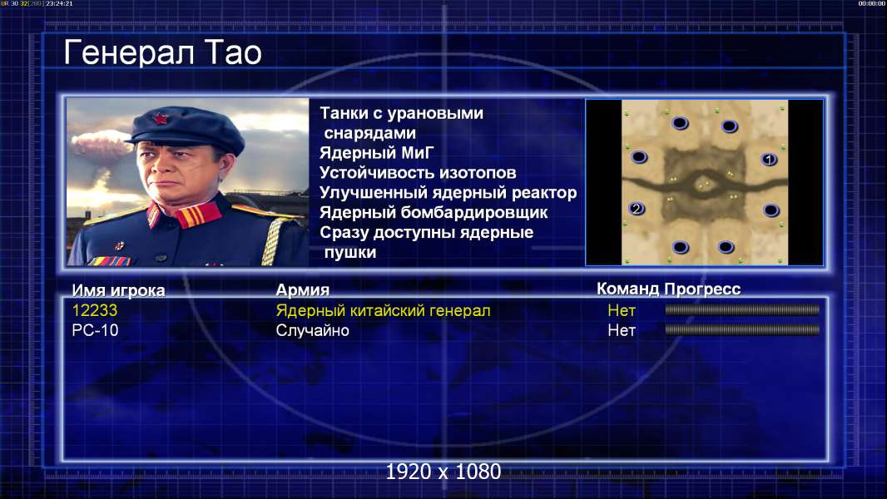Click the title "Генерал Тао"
click(x=162, y=52)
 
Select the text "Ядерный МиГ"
click(x=377, y=153)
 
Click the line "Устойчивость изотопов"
click(x=418, y=173)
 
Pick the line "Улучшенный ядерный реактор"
click(x=448, y=193)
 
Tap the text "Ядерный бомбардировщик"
click(x=434, y=212)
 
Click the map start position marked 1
click(x=769, y=160)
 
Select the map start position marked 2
click(x=637, y=209)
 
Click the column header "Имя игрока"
click(x=118, y=290)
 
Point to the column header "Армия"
click(x=303, y=290)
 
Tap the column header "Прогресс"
click(x=702, y=289)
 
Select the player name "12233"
click(x=95, y=310)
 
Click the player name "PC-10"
click(x=95, y=330)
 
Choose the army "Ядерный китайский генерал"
click(x=383, y=310)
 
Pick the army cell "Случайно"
click(x=312, y=330)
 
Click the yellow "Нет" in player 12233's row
click(x=622, y=310)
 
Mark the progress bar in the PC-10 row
click(x=742, y=329)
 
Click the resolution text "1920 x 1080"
click(x=443, y=472)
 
